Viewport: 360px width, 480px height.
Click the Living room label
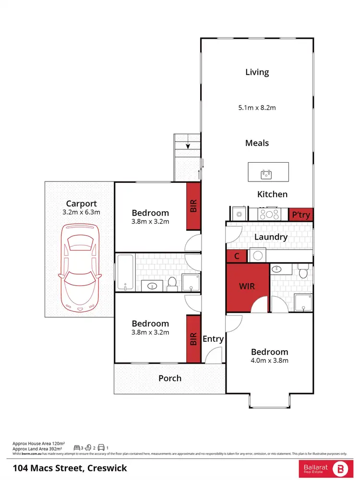pyautogui.click(x=257, y=72)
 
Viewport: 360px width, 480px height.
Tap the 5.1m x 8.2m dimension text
pyautogui.click(x=257, y=108)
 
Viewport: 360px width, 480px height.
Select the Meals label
pyautogui.click(x=257, y=143)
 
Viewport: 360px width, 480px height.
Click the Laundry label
pyautogui.click(x=271, y=237)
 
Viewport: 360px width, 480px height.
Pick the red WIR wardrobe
pyautogui.click(x=247, y=287)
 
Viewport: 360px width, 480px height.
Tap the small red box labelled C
pyautogui.click(x=237, y=256)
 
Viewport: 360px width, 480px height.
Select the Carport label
pyautogui.click(x=82, y=203)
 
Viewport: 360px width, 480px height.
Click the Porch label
pyautogui.click(x=170, y=378)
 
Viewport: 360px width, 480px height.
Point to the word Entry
pyautogui.click(x=213, y=339)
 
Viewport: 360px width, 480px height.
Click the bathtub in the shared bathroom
pyautogui.click(x=126, y=273)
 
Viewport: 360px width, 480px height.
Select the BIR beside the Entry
pyautogui.click(x=193, y=338)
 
